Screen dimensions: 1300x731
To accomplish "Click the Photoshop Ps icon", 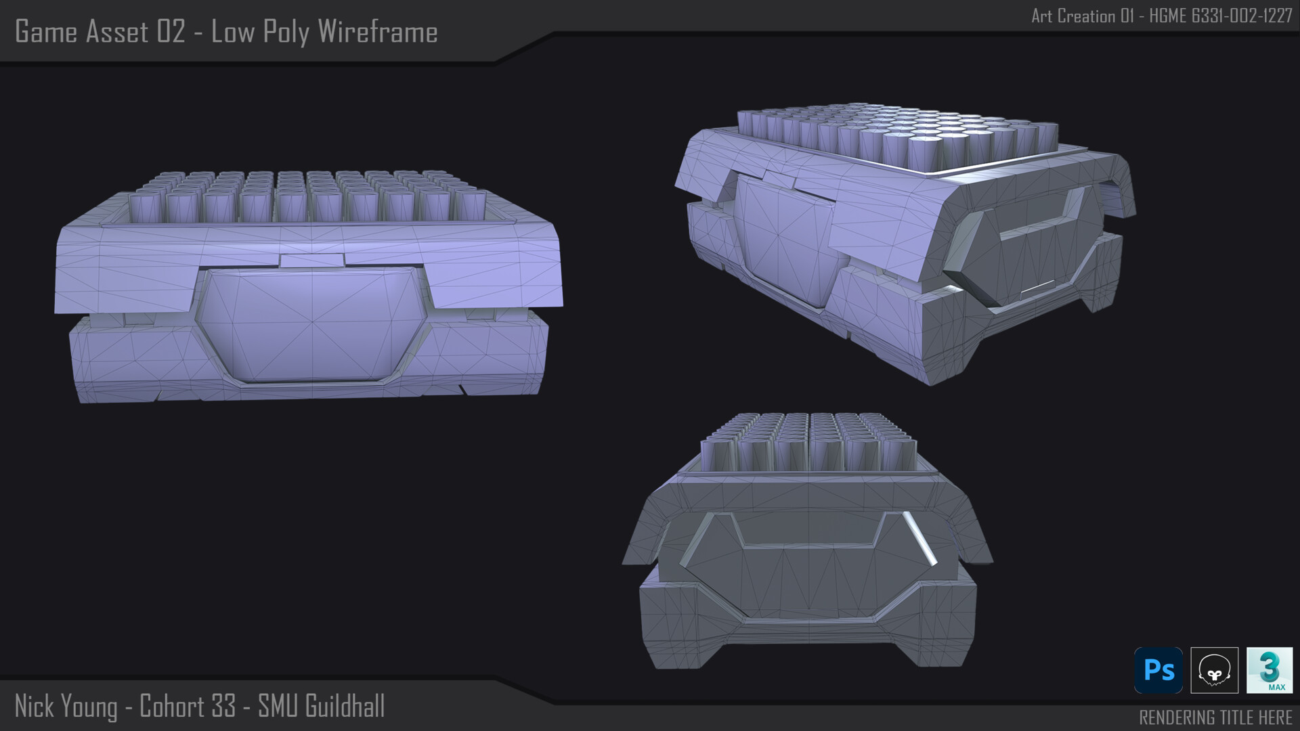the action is pos(1158,670).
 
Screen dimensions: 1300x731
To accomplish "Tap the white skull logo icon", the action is pos(1215,670).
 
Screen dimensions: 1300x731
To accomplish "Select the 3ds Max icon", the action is pos(1270,670).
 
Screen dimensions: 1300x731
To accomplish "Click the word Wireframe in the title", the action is pos(377,32).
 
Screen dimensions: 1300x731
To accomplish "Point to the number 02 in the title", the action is pos(171,32).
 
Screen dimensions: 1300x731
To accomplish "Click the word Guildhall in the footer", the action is pos(345,706).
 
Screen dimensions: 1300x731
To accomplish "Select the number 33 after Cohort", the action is pos(223,706).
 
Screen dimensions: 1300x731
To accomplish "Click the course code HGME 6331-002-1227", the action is pos(1221,16).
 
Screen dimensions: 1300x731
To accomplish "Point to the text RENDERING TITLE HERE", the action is pos(1215,717).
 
